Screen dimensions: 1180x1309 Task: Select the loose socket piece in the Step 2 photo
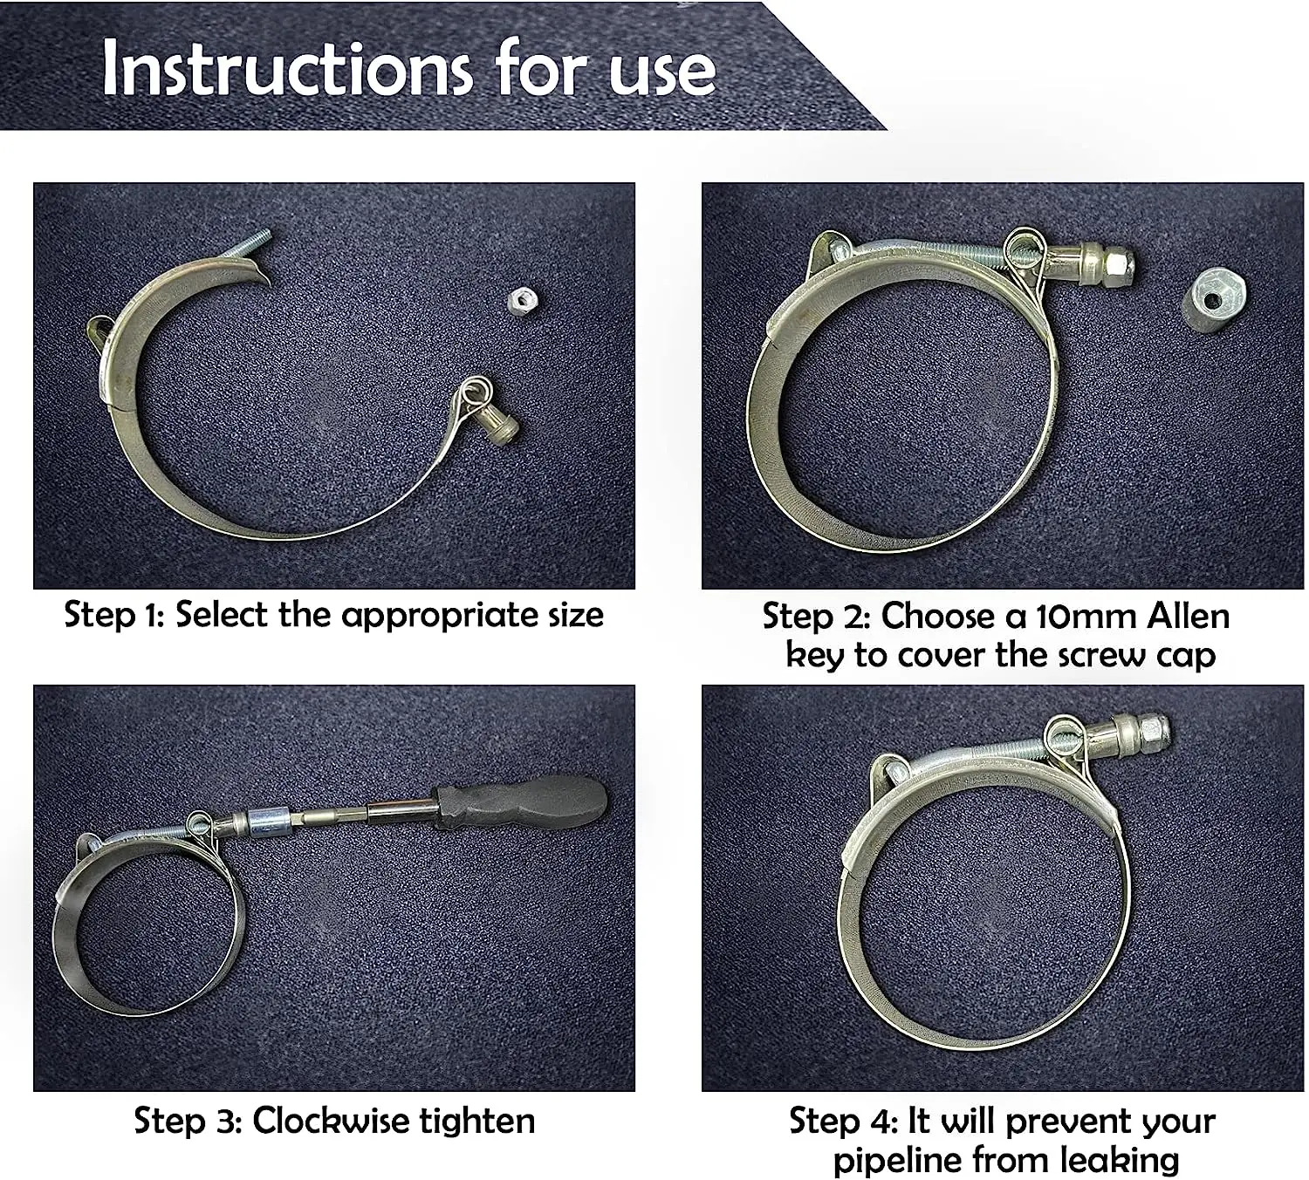pos(1214,301)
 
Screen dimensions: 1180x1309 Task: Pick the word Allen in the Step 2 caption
pos(1188,617)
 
